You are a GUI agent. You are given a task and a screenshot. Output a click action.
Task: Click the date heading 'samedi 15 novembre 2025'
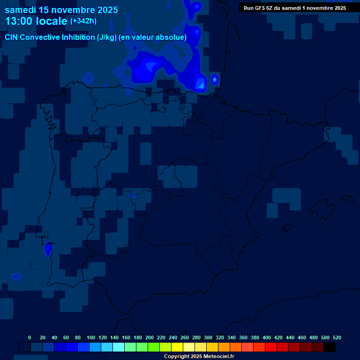[x=61, y=10]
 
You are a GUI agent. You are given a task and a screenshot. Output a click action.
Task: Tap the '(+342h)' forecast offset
[x=83, y=21]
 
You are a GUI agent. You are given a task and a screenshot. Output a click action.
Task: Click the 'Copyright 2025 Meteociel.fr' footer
[x=199, y=356]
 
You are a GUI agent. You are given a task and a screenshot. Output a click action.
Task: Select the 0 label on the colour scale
[x=30, y=337]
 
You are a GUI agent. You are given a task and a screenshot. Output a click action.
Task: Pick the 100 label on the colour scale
[x=91, y=337]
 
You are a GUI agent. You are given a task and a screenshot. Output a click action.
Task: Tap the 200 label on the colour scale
[x=150, y=337]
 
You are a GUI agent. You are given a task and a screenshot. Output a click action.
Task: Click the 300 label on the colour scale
[x=208, y=337]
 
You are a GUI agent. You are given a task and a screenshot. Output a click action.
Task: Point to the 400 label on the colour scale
[x=267, y=337]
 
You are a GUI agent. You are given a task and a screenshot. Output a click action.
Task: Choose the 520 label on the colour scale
[x=337, y=337]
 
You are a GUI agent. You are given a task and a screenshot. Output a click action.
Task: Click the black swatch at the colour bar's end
[x=330, y=347]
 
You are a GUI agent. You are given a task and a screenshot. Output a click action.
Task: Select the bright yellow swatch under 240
[x=177, y=347]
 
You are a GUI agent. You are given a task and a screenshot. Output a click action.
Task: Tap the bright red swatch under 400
[x=271, y=347]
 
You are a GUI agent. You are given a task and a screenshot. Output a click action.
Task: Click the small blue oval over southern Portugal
[x=48, y=249]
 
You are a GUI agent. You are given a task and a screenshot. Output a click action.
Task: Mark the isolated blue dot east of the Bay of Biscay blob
[x=215, y=79]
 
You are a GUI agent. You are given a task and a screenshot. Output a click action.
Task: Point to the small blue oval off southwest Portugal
[x=16, y=276]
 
